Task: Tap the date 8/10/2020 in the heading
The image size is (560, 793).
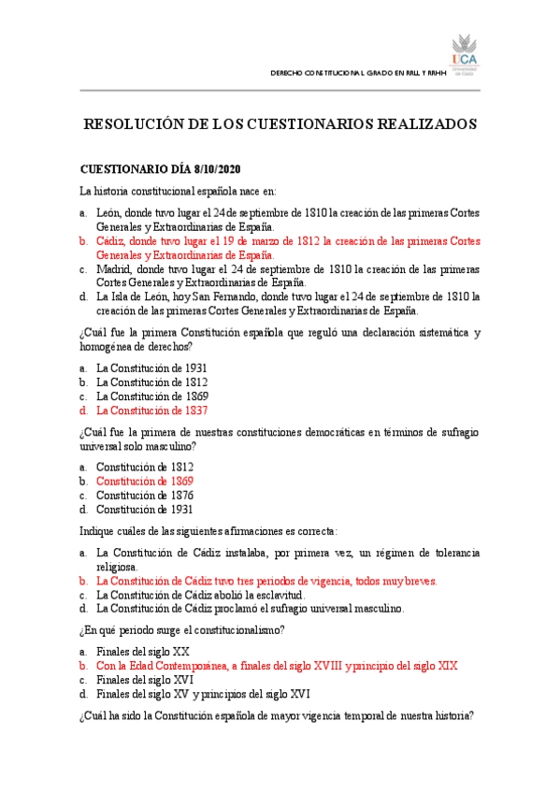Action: point(217,169)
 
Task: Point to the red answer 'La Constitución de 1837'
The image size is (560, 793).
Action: point(151,410)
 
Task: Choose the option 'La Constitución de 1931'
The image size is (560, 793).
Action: point(151,368)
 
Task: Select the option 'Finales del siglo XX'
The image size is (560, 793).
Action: point(143,651)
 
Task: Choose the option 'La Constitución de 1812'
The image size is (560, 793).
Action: point(151,382)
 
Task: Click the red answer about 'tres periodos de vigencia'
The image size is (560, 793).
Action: point(266,580)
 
